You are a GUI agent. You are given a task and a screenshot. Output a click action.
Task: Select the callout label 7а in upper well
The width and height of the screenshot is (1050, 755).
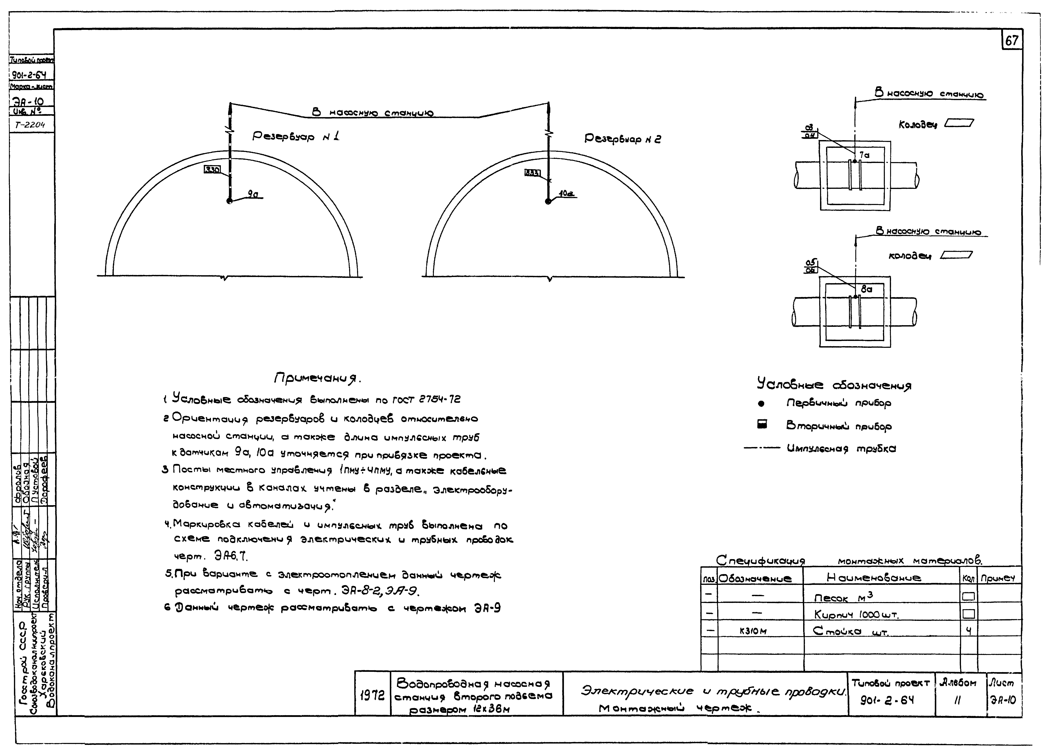(864, 155)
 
